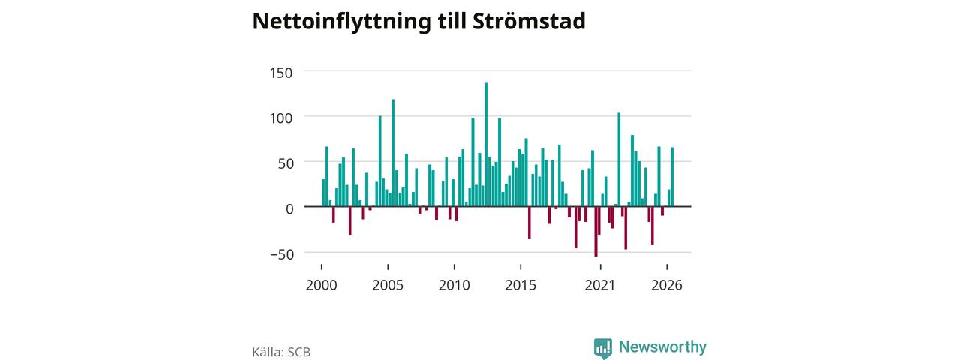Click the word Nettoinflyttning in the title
pos(341,22)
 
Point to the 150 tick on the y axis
pos(281,73)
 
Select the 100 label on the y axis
pos(281,118)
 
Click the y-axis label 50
pos(286,163)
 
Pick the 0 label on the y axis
pos(289,209)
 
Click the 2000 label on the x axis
pos(322,285)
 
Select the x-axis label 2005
pos(388,285)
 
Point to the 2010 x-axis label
pos(454,285)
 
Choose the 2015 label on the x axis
pos(520,285)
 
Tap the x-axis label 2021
pos(600,285)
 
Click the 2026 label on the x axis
pos(667,285)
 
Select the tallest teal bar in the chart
pos(486,145)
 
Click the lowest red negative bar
pos(595,232)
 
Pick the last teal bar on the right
pos(672,177)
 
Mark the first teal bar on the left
pos(323,193)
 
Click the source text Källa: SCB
pos(281,352)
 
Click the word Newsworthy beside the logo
pos(662,346)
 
